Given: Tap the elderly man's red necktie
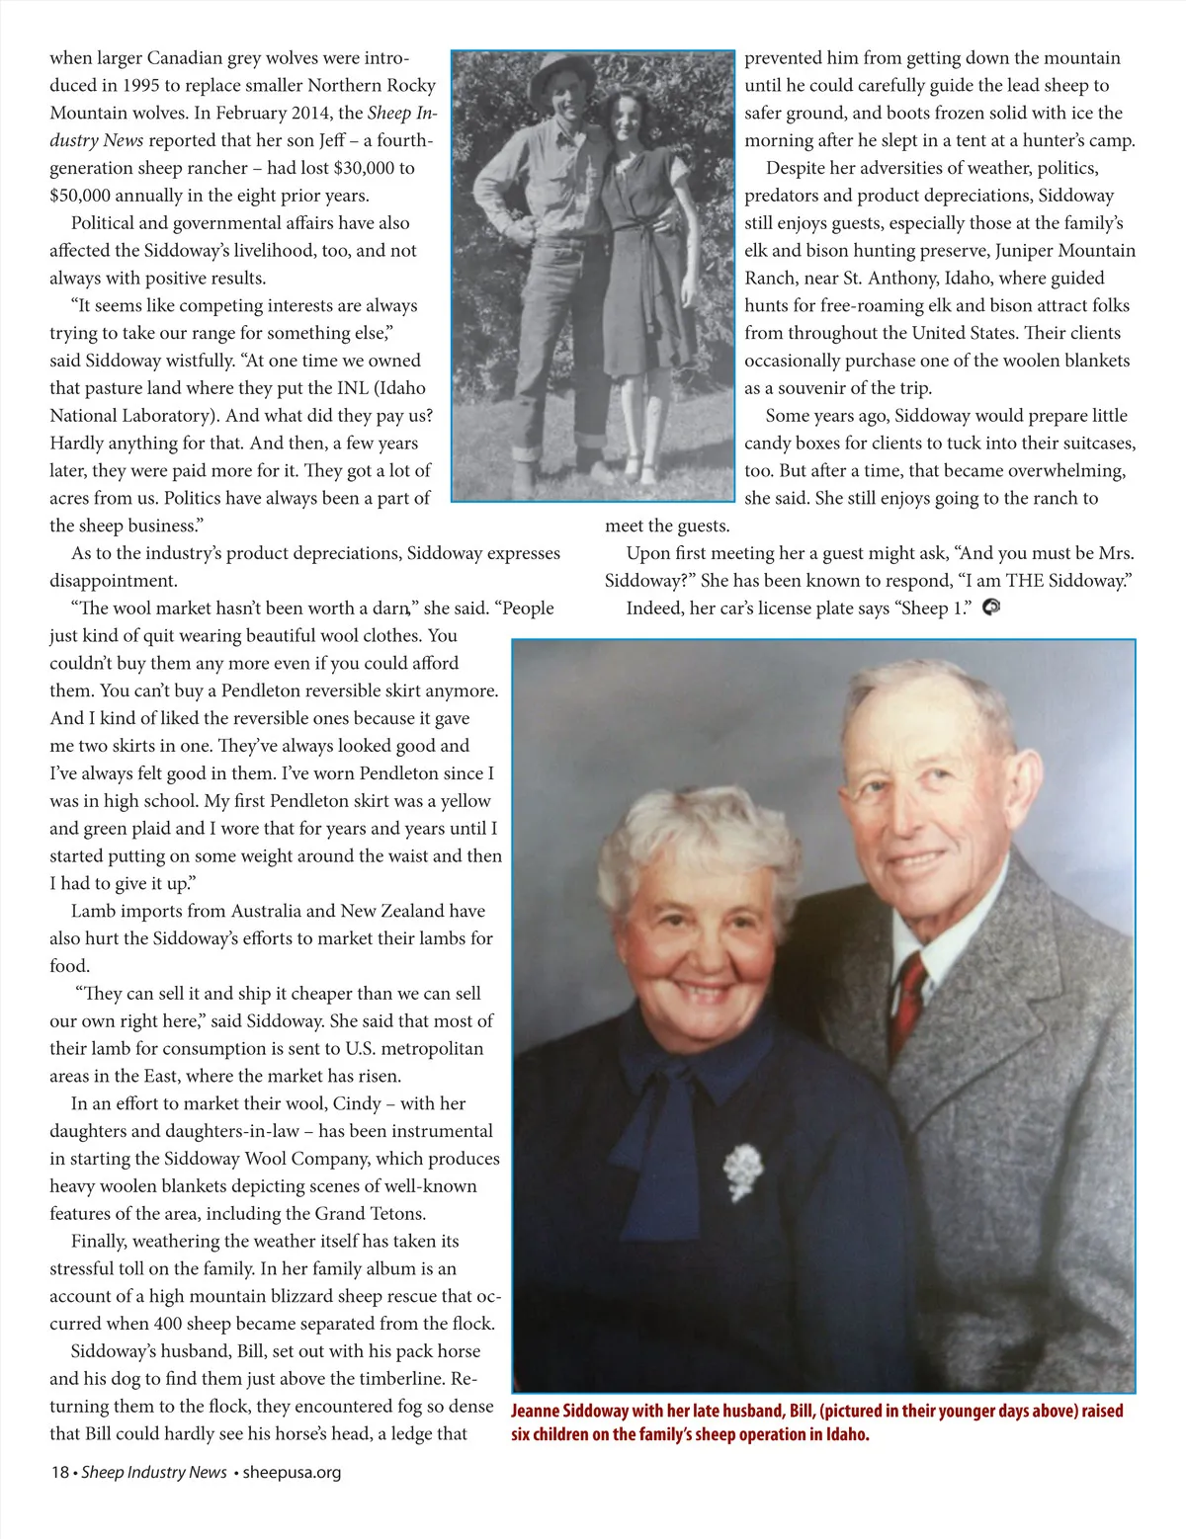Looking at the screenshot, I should [907, 998].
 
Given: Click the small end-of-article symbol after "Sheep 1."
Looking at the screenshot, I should [991, 607].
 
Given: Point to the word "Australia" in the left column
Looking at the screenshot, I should [265, 911].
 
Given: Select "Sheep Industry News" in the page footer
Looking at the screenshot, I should [154, 1472].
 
